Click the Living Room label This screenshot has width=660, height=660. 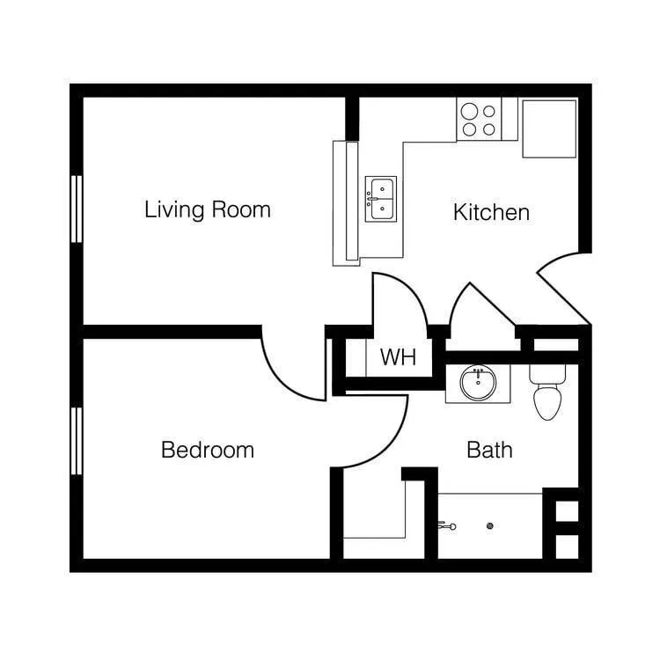pos(207,210)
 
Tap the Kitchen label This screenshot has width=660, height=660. pos(491,212)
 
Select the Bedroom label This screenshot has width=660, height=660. pos(207,451)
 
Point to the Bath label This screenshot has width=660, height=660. pos(489,451)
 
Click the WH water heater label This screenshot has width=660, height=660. pos(397,358)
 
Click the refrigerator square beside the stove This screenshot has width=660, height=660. pos(549,128)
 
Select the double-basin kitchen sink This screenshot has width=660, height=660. pos(381,199)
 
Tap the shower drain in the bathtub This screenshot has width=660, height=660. pos(490,526)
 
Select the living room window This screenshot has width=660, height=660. pos(77,209)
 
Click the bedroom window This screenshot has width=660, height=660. pos(77,441)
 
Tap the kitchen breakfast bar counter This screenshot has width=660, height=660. pos(344,202)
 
